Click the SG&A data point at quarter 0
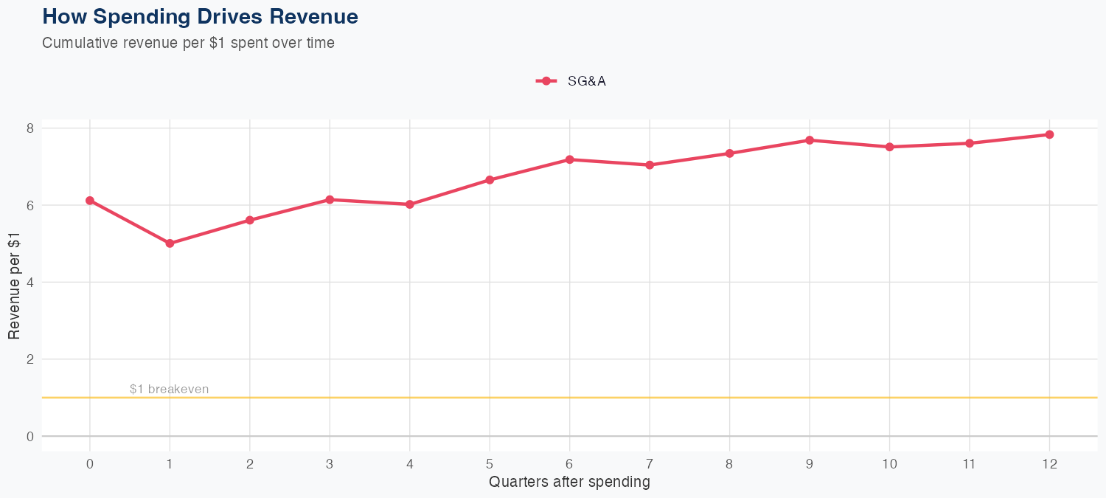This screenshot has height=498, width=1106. pyautogui.click(x=90, y=201)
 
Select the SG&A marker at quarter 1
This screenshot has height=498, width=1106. pyautogui.click(x=170, y=243)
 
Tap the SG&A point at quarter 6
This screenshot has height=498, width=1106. pyautogui.click(x=569, y=159)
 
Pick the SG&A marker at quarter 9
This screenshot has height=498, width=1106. pyautogui.click(x=810, y=140)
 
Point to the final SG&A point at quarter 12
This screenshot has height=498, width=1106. pyautogui.click(x=1049, y=134)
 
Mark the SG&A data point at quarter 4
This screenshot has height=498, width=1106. pyautogui.click(x=409, y=204)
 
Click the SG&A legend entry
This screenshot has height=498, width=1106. pyautogui.click(x=571, y=81)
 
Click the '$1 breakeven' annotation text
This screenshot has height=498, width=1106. pyautogui.click(x=169, y=389)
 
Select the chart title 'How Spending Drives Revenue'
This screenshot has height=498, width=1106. pyautogui.click(x=200, y=16)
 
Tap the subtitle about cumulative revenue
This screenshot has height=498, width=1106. pyautogui.click(x=188, y=43)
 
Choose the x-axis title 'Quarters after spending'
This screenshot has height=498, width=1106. pyautogui.click(x=569, y=483)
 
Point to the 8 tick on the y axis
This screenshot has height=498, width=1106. pyautogui.click(x=29, y=128)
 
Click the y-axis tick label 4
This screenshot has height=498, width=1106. pyautogui.click(x=29, y=283)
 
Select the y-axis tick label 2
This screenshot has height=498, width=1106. pyautogui.click(x=29, y=359)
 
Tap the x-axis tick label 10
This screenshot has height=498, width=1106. pyautogui.click(x=889, y=464)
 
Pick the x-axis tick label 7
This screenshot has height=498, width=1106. pyautogui.click(x=650, y=464)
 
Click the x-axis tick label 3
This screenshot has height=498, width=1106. pyautogui.click(x=330, y=464)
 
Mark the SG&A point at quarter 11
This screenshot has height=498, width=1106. pyautogui.click(x=970, y=143)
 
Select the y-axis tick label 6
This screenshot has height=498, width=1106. pyautogui.click(x=29, y=205)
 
